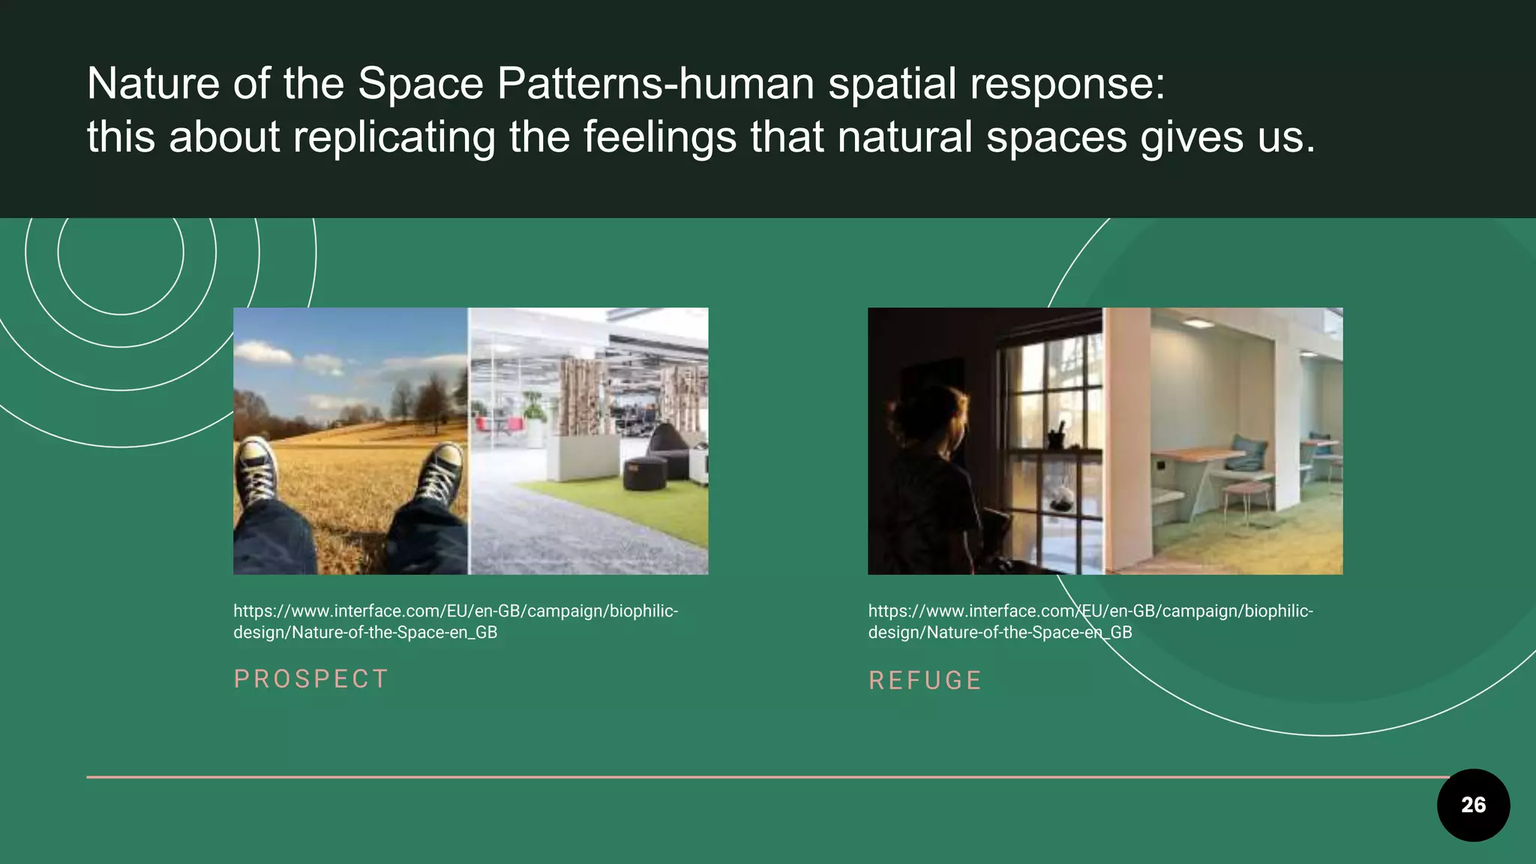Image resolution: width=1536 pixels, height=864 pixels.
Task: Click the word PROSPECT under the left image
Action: [310, 679]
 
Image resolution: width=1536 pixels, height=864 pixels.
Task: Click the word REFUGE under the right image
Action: [925, 680]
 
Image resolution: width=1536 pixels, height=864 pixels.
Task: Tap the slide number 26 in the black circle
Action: [1473, 805]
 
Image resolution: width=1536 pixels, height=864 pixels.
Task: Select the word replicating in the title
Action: [394, 137]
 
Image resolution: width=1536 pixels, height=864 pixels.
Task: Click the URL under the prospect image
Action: [455, 621]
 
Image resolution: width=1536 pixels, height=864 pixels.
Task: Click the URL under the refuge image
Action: [1090, 621]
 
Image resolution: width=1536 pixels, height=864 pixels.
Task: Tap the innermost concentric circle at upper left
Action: [121, 252]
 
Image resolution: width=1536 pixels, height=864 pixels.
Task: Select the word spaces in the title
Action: [1056, 137]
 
